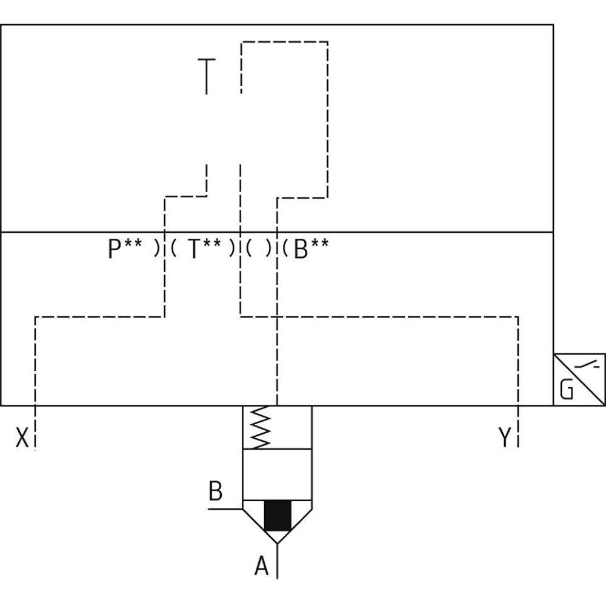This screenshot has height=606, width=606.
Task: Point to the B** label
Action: click(x=311, y=249)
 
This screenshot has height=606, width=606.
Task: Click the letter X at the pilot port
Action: click(x=22, y=438)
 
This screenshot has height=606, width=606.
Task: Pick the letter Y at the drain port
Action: click(x=505, y=438)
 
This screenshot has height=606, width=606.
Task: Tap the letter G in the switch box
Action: click(x=567, y=391)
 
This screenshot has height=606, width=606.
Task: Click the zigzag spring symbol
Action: click(x=260, y=427)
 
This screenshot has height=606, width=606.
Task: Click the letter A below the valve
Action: click(x=261, y=567)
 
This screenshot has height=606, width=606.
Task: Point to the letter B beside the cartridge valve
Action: click(x=215, y=491)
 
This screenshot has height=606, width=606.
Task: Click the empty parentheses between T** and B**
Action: click(x=259, y=249)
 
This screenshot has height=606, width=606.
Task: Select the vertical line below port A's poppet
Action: click(x=278, y=561)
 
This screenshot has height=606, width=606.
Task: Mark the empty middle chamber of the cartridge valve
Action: click(x=277, y=475)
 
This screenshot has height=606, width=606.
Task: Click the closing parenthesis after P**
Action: click(x=157, y=249)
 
